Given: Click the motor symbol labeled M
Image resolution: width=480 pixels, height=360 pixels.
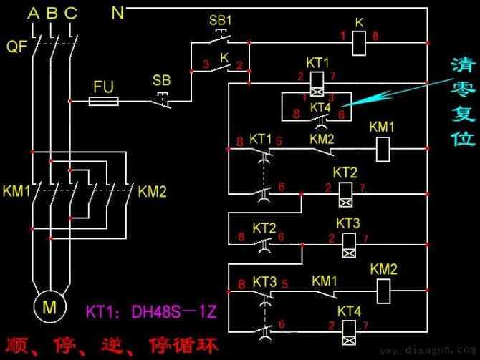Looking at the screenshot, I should click(x=51, y=308).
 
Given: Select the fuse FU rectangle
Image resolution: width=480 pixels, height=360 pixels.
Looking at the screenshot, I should click(x=104, y=102).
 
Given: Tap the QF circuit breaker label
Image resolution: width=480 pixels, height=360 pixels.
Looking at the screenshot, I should click(x=16, y=47).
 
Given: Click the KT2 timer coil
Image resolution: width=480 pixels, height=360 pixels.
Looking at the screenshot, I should click(x=345, y=193).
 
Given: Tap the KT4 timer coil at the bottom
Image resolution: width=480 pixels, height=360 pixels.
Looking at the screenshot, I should click(x=349, y=330).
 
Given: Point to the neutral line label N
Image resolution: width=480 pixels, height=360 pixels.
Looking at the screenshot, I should click(x=118, y=12).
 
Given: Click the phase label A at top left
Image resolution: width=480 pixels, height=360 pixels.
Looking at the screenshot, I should click(x=32, y=12).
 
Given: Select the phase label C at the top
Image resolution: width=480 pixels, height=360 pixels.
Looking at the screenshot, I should click(x=70, y=12).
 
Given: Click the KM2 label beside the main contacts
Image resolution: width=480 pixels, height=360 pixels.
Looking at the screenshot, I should click(x=152, y=191).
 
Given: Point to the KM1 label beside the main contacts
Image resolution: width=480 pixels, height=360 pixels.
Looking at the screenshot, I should click(x=16, y=191).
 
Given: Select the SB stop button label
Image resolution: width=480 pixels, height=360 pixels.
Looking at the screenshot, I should click(x=162, y=79).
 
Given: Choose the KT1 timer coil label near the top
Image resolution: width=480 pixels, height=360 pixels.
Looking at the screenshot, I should click(x=317, y=62).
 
